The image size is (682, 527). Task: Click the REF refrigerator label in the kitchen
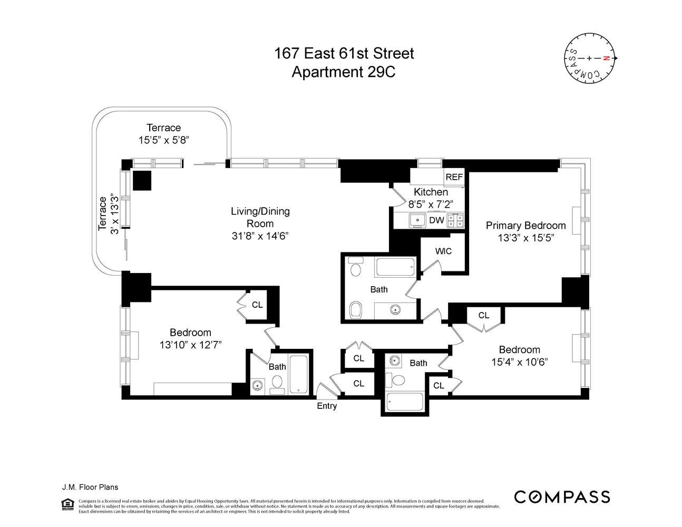(454, 177)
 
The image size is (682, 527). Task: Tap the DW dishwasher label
(436, 220)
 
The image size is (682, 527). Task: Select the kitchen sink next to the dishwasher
(417, 220)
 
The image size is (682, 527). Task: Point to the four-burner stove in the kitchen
(455, 220)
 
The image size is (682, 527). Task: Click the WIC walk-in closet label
(443, 251)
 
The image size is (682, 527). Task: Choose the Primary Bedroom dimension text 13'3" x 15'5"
(525, 238)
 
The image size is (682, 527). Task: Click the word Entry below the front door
(327, 406)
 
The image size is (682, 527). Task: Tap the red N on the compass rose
(606, 58)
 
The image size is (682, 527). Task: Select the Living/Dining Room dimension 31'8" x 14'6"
(260, 236)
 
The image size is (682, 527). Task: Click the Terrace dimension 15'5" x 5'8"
(163, 140)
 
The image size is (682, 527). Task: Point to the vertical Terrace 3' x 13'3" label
(108, 214)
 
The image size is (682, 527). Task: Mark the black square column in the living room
(142, 180)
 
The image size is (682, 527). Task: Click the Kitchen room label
(431, 192)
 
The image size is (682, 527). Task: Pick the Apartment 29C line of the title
(343, 72)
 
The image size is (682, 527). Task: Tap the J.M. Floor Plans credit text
(90, 487)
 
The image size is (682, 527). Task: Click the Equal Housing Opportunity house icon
(68, 504)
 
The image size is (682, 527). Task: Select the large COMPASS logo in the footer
(562, 497)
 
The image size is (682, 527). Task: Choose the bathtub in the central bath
(395, 267)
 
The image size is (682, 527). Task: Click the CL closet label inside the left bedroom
(257, 305)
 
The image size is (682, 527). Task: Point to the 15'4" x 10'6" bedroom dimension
(520, 362)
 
